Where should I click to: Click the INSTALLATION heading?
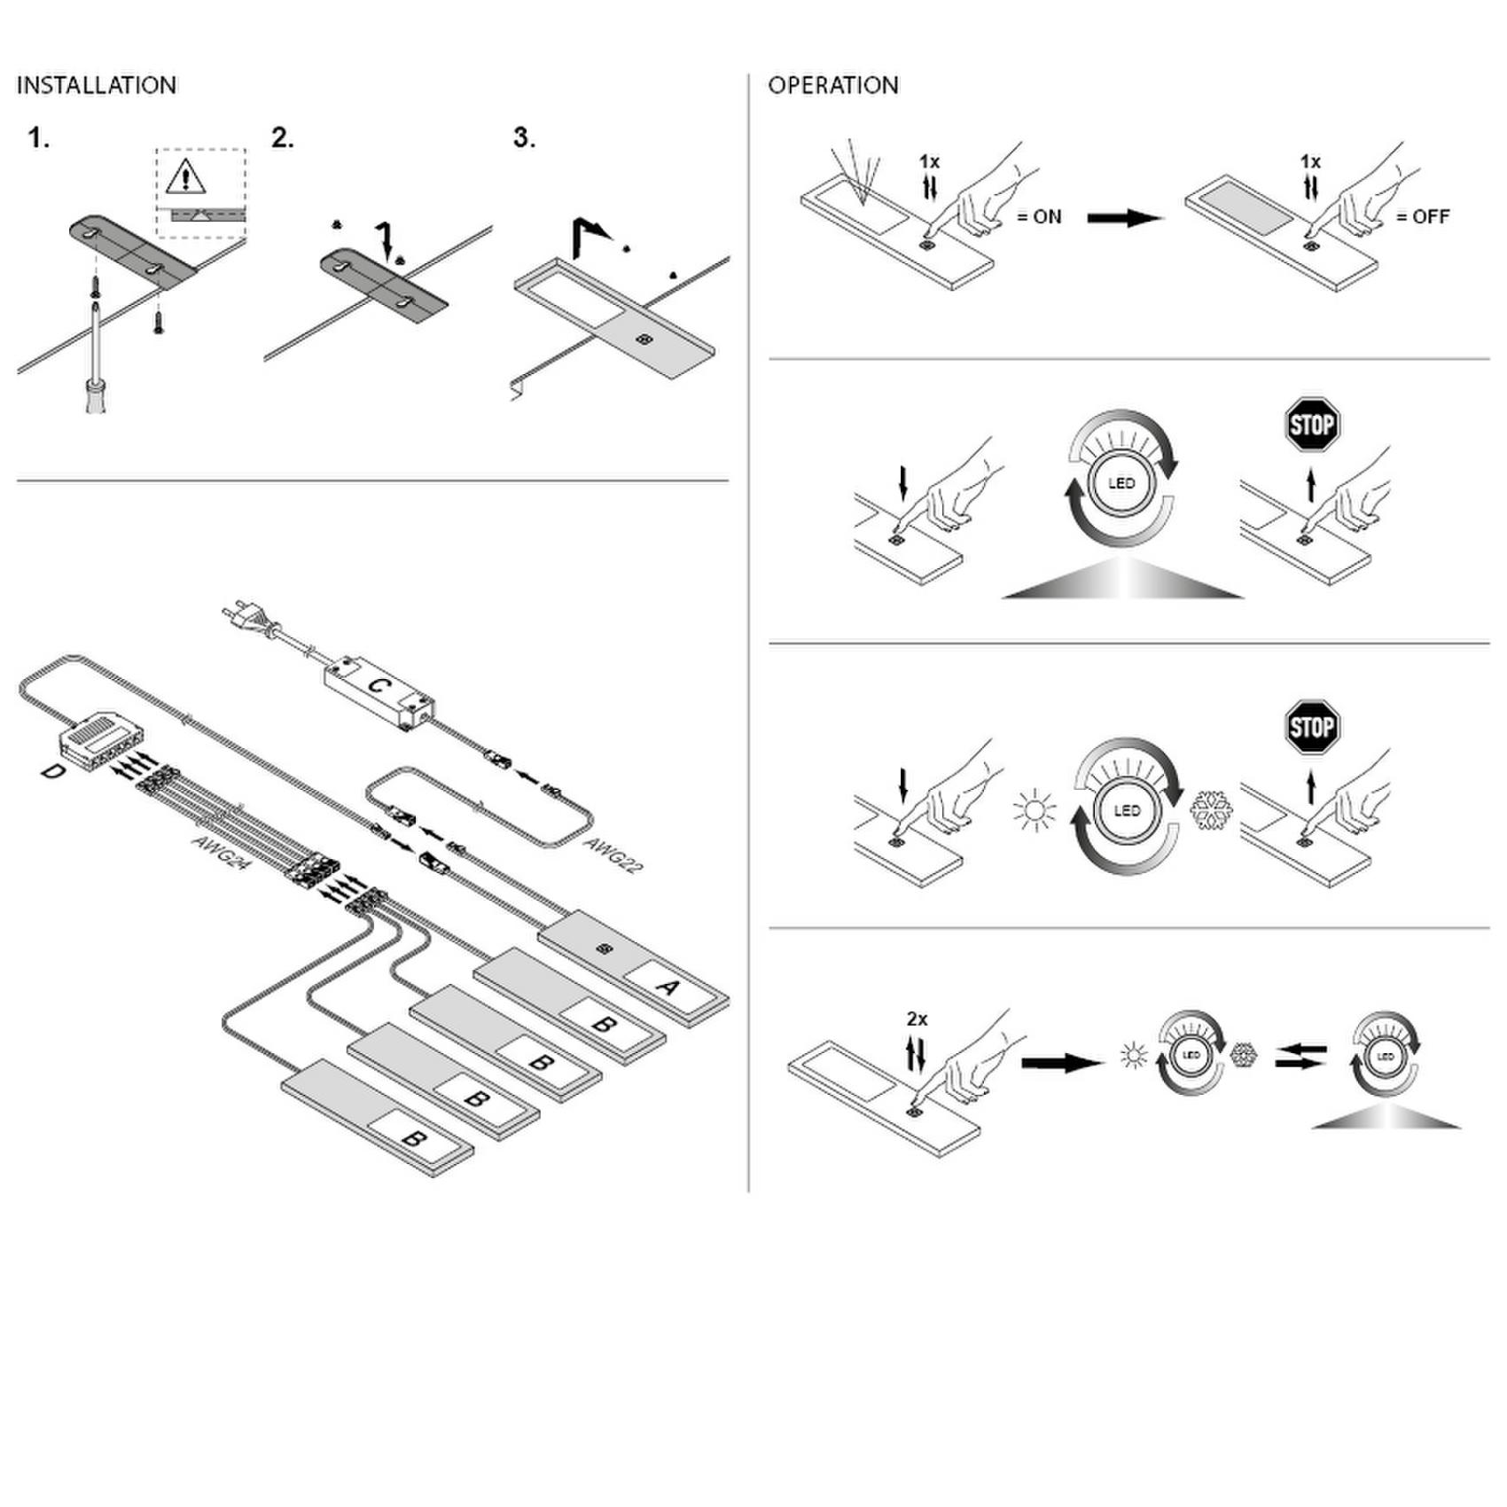[96, 86]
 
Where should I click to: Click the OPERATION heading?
[832, 86]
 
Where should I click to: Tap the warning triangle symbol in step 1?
[185, 178]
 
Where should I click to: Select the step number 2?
[282, 138]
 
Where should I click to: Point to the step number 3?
[524, 138]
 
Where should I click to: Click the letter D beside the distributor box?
[54, 772]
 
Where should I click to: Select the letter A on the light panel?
[668, 985]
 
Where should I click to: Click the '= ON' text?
[1038, 217]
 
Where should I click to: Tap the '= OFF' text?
[1423, 217]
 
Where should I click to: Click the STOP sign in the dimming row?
[1312, 425]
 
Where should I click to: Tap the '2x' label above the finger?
[917, 1019]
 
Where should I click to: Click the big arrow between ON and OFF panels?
[1125, 218]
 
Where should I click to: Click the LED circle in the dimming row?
[1121, 484]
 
